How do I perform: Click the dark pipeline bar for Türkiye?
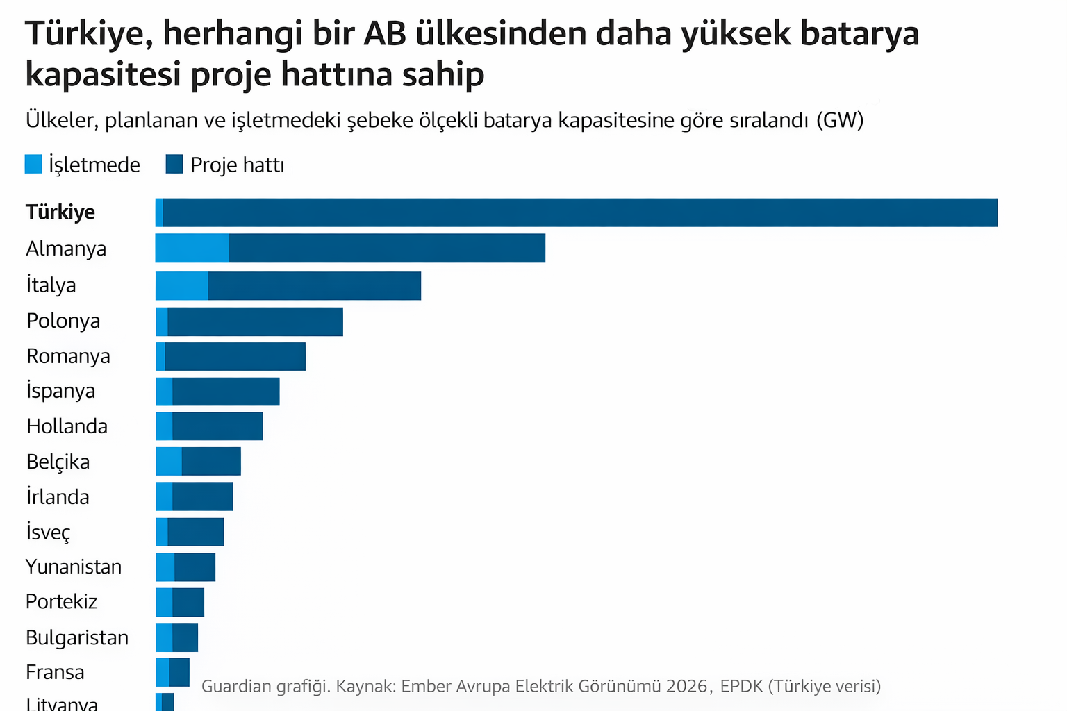(x=580, y=212)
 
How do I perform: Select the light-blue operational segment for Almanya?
(x=192, y=248)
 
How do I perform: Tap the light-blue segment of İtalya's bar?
(x=182, y=285)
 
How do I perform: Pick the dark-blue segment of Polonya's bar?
(x=255, y=321)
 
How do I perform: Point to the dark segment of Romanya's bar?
(x=235, y=356)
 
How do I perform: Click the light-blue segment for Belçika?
(x=169, y=461)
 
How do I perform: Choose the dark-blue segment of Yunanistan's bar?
(x=195, y=567)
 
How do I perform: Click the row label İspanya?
(x=60, y=391)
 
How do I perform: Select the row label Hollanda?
(x=67, y=426)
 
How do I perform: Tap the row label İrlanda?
(x=58, y=497)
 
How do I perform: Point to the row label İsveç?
(x=48, y=533)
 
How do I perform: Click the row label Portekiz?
(x=61, y=601)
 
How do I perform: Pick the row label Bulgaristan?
(x=77, y=637)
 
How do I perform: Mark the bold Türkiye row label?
(x=60, y=212)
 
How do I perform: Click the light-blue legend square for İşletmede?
(x=33, y=165)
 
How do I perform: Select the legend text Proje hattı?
(x=237, y=165)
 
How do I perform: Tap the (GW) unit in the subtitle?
(x=840, y=120)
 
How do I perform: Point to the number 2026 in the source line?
(x=686, y=686)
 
